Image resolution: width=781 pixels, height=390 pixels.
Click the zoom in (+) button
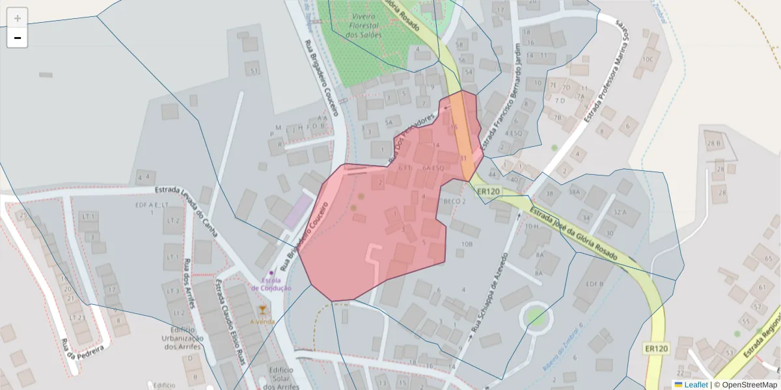(x=18, y=18)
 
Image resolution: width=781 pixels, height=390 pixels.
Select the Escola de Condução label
(x=271, y=284)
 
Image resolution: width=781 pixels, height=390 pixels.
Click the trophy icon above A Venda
(x=262, y=309)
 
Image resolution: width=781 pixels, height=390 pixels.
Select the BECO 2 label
(x=455, y=201)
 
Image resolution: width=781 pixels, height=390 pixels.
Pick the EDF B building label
(x=594, y=284)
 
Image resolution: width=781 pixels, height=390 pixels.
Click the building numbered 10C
(x=647, y=59)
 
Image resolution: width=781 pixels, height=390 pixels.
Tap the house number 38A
(x=574, y=192)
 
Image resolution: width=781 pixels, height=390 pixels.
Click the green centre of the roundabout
(x=535, y=317)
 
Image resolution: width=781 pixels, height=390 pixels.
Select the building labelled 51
(x=254, y=71)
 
